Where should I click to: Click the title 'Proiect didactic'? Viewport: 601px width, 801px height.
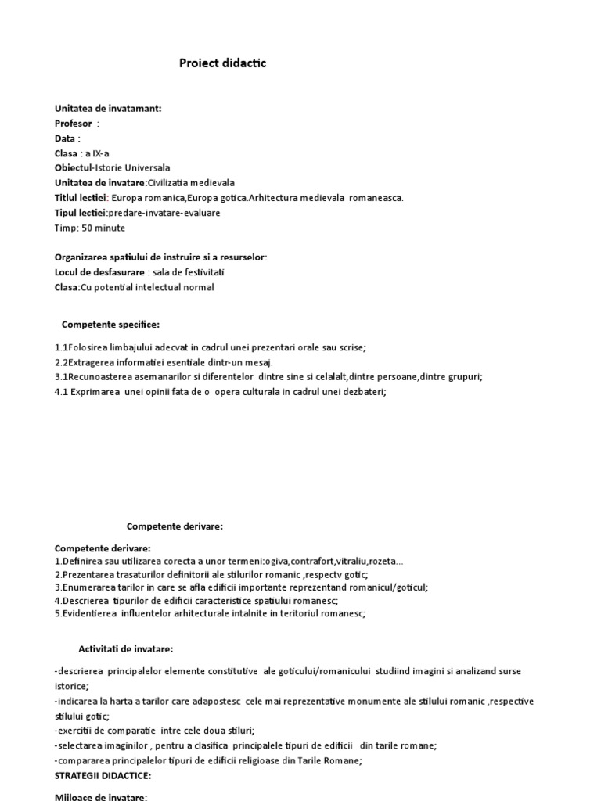tap(223, 63)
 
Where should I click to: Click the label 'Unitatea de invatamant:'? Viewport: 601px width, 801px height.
tap(108, 109)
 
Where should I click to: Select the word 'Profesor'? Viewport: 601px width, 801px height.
tap(74, 124)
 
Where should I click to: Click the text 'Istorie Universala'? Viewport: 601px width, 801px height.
tap(132, 168)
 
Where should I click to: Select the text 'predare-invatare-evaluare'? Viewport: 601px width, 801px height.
tap(164, 213)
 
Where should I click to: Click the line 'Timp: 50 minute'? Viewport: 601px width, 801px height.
tap(90, 228)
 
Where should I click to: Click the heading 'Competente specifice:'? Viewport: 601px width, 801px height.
tap(110, 325)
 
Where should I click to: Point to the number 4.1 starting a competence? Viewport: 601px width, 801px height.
tap(62, 392)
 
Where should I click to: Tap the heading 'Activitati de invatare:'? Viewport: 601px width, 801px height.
tap(126, 649)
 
